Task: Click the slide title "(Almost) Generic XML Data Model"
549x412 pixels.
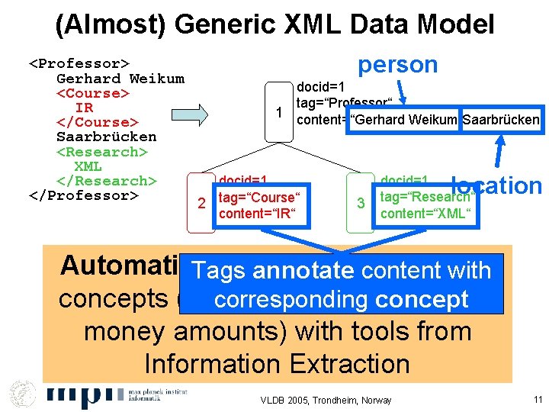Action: (274, 24)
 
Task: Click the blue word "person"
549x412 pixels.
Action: (398, 64)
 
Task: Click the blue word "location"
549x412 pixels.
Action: (496, 185)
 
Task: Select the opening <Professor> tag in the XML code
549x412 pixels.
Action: (79, 63)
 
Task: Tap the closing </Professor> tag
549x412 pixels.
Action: (83, 195)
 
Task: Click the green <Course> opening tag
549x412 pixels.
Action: (92, 93)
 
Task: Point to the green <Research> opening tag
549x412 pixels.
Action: (101, 152)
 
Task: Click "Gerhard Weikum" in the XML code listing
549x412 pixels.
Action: (120, 79)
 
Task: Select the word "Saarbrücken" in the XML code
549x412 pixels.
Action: (106, 137)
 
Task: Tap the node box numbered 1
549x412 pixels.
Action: (279, 112)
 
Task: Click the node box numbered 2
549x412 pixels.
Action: (201, 204)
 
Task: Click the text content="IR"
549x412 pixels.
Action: (251, 214)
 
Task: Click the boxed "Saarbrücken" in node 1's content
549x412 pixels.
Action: (500, 120)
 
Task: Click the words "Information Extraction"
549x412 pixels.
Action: (277, 363)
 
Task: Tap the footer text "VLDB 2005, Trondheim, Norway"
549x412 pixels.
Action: (326, 401)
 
